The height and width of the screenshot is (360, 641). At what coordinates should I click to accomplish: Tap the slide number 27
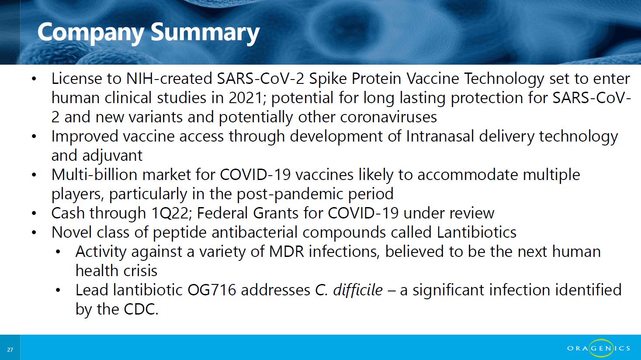10,350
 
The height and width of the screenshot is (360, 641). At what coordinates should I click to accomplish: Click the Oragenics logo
599,348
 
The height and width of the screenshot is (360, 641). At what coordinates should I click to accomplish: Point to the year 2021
246,98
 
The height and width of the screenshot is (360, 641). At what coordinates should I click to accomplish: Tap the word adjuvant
112,156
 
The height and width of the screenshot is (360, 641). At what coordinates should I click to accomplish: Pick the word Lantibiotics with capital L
476,232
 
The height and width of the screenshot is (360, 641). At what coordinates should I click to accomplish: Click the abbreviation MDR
287,252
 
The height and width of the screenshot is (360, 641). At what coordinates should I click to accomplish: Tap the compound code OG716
212,290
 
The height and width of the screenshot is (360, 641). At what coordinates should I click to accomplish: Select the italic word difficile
358,290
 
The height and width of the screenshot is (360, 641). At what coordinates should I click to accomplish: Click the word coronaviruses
388,118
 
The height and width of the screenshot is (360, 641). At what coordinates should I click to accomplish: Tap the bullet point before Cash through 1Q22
34,214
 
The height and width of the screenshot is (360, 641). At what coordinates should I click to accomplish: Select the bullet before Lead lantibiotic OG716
58,291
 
